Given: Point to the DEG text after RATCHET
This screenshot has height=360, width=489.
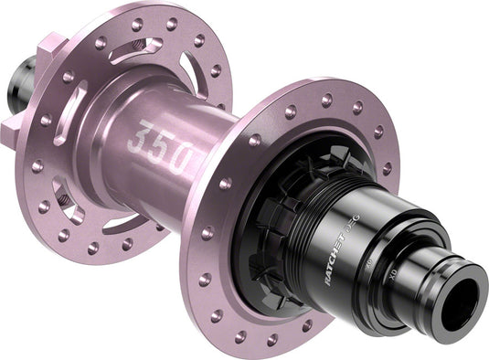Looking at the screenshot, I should pos(361,226).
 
